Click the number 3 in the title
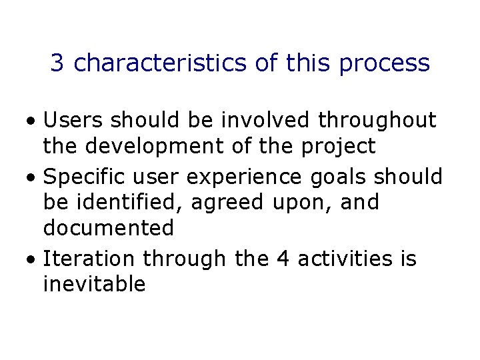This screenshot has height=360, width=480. click(x=57, y=63)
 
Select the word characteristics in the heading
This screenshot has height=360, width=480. click(x=161, y=63)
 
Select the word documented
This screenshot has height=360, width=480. click(x=108, y=229)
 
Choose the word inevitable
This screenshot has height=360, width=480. click(x=94, y=284)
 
